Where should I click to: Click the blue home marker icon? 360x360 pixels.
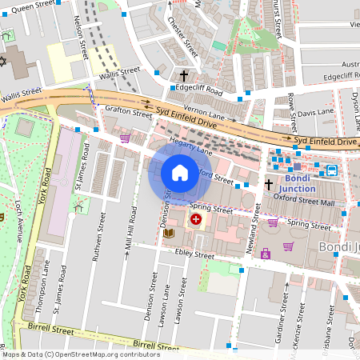[x=179, y=172]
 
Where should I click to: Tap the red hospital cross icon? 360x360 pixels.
[x=195, y=218]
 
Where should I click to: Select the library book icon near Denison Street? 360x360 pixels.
[x=169, y=233]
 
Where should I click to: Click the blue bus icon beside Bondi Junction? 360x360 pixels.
[x=330, y=170]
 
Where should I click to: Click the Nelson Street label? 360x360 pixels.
[x=81, y=39]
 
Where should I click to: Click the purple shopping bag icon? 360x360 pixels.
[x=265, y=254]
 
